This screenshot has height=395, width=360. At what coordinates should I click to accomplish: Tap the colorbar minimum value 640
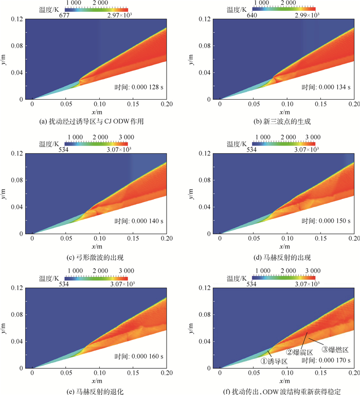tap(258, 16)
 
